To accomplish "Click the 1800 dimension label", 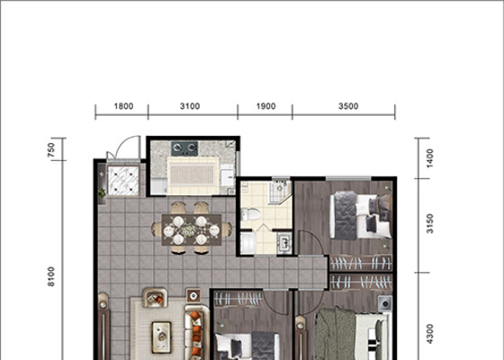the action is point(124,106).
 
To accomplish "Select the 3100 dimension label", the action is point(190,106).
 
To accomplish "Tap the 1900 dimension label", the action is point(265,106).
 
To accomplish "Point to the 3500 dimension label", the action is point(348,106).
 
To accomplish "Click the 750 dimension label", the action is point(50,149).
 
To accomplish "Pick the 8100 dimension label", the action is point(50,276).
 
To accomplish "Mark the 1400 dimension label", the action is point(430,158).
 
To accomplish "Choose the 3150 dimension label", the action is point(430,224).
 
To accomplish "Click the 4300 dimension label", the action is point(430,334).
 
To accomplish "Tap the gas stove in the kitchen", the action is point(184,148).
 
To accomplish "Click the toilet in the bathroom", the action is point(250,214).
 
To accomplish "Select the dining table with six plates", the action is point(192,229).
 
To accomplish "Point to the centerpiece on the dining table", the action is point(189,230).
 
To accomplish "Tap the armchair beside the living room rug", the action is point(155,298).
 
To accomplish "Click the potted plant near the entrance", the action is point(102,193).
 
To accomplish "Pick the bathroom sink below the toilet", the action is point(284,242).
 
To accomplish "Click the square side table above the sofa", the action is point(193,295).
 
